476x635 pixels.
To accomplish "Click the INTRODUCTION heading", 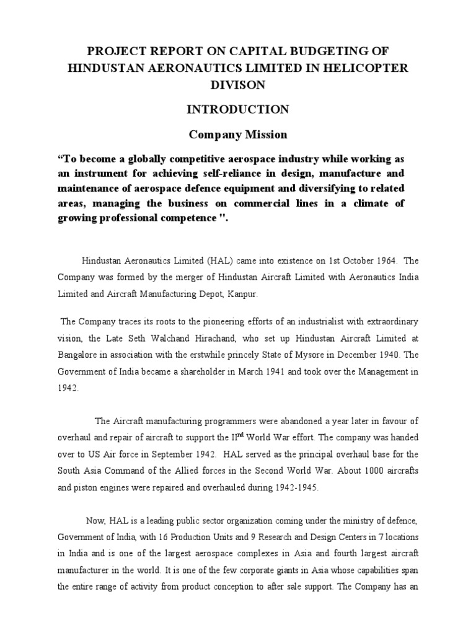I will pos(238,110).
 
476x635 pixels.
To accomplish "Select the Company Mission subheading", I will pos(238,134).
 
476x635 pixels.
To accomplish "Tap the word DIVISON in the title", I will pos(238,84).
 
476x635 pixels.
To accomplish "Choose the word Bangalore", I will pos(79,355).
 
